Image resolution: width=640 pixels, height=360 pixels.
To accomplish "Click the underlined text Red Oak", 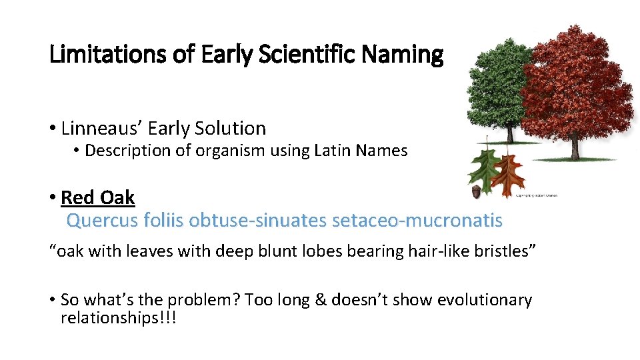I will coord(98,197).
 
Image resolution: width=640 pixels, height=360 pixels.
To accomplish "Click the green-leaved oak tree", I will coord(494,93).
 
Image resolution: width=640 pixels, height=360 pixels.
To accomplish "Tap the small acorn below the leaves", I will coord(476,191).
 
